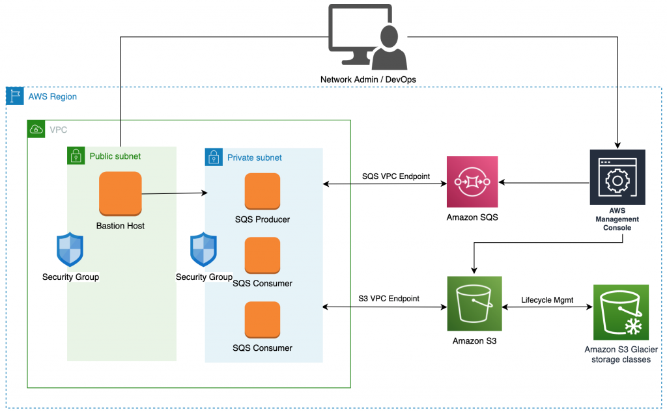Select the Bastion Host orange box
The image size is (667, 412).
(x=121, y=193)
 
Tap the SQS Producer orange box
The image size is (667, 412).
(x=263, y=192)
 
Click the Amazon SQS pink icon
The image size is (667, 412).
(x=472, y=182)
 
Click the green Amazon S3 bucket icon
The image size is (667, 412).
(x=474, y=304)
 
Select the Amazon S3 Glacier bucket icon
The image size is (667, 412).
(x=621, y=312)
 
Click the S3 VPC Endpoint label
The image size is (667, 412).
(x=389, y=299)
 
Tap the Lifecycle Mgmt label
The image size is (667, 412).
(x=547, y=300)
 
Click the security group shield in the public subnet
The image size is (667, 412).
(x=70, y=251)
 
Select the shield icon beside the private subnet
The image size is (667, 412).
(x=203, y=251)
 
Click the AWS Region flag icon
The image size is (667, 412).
(x=14, y=96)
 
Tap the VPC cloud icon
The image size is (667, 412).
(x=36, y=129)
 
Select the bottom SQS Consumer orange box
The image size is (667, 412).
(x=263, y=320)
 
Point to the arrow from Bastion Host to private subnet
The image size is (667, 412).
(x=174, y=193)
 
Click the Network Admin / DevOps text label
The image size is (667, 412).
(x=368, y=79)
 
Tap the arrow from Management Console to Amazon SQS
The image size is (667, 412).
(x=544, y=182)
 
